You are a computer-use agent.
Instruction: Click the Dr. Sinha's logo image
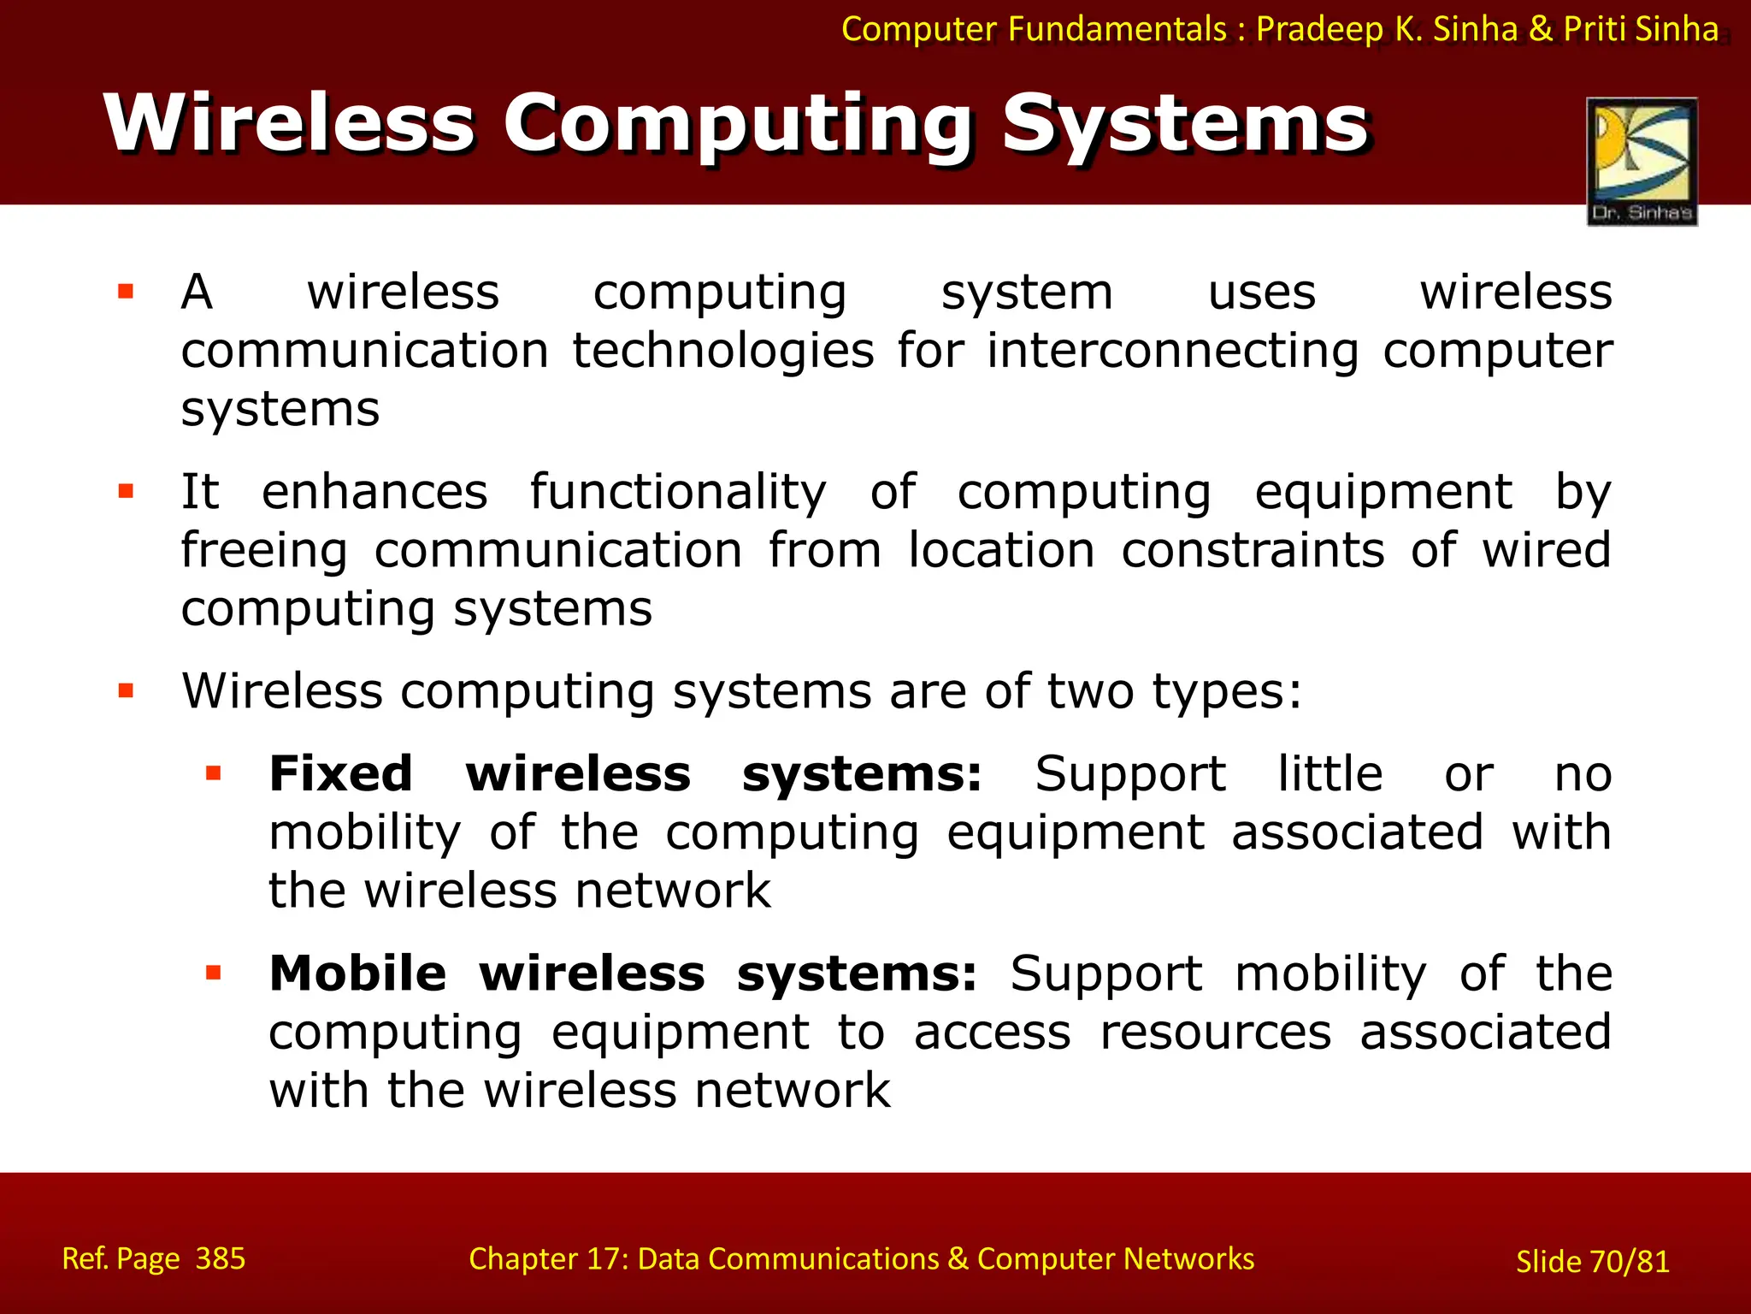[x=1642, y=161]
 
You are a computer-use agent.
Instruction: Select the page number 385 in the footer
[x=221, y=1258]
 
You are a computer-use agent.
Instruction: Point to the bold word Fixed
[x=341, y=774]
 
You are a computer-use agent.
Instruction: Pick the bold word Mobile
[x=357, y=974]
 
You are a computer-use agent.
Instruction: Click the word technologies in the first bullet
[x=723, y=351]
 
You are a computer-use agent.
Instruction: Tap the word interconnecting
[x=1172, y=351]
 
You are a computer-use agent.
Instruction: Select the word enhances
[x=374, y=492]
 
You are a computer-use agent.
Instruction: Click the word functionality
[x=678, y=492]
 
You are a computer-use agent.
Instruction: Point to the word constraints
[x=1253, y=550]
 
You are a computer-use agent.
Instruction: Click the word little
[x=1330, y=774]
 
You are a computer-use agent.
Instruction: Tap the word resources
[x=1215, y=1032]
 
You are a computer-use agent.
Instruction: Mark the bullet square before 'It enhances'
[x=127, y=492]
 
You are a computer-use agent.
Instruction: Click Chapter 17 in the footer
[x=547, y=1258]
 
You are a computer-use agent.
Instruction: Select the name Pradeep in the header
[x=1320, y=29]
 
